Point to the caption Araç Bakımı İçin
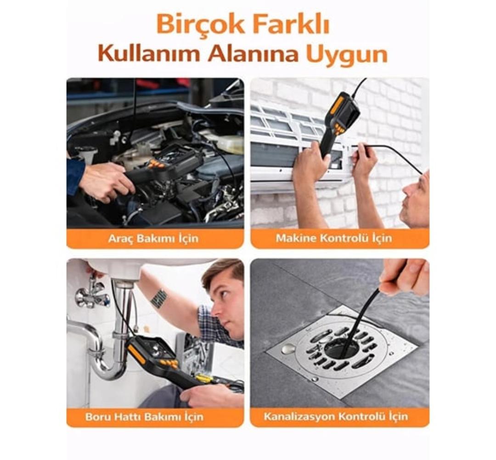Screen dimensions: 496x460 click(153, 239)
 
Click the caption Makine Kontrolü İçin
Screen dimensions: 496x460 click(334, 238)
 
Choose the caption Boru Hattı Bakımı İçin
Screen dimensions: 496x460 click(144, 417)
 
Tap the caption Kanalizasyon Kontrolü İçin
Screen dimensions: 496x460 click(336, 416)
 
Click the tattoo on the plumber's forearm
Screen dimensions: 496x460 click(159, 298)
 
